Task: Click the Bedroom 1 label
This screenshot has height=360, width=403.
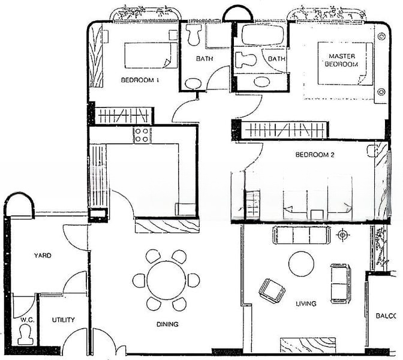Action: point(140,80)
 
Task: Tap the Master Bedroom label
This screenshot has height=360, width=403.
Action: point(342,60)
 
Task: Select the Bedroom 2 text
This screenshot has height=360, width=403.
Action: point(315,155)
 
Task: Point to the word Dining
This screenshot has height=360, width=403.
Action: point(167,324)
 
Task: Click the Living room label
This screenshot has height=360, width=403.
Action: point(306,304)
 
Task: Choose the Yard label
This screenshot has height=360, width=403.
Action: point(43,256)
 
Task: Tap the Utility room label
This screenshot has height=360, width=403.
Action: point(63,320)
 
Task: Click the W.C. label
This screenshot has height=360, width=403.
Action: point(27,320)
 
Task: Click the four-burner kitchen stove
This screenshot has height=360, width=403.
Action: point(142,135)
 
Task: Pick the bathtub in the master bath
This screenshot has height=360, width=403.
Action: point(263,35)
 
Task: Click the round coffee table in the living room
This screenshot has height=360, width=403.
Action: point(301,264)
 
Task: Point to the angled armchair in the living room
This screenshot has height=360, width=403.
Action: point(272,291)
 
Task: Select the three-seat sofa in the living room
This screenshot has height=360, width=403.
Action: point(301,235)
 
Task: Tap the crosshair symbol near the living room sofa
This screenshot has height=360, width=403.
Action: point(342,235)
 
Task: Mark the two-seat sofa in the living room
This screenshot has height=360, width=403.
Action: point(340,283)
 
